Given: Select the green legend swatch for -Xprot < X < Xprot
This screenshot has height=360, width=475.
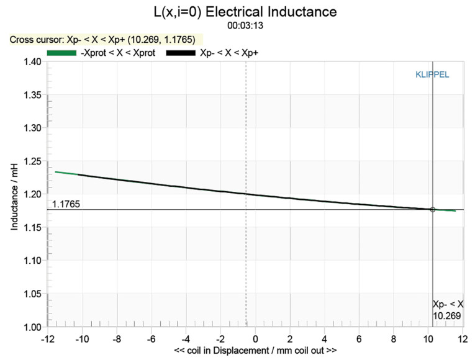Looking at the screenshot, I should pyautogui.click(x=61, y=53).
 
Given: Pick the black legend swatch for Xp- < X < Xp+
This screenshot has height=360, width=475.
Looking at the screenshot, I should pyautogui.click(x=181, y=53).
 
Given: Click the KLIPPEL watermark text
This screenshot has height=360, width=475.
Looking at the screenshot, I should pyautogui.click(x=432, y=74).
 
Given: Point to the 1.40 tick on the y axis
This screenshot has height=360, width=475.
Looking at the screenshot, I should pyautogui.click(x=32, y=62).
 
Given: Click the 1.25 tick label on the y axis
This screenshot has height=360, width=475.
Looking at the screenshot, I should pyautogui.click(x=32, y=161).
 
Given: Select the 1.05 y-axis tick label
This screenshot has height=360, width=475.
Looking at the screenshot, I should pyautogui.click(x=32, y=294).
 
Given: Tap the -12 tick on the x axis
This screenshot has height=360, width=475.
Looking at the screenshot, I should pyautogui.click(x=46, y=339).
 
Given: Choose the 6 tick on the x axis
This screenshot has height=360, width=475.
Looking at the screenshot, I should pyautogui.click(x=359, y=339).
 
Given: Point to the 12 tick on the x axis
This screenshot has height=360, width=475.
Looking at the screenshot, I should pyautogui.click(x=463, y=339).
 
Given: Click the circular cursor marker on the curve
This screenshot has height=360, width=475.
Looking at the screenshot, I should pyautogui.click(x=433, y=210).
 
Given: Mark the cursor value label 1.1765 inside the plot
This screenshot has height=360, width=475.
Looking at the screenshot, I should pyautogui.click(x=65, y=204).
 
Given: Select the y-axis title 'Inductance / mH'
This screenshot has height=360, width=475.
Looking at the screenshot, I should pyautogui.click(x=14, y=194).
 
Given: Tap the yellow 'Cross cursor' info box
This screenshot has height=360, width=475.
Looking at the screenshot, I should pyautogui.click(x=102, y=40).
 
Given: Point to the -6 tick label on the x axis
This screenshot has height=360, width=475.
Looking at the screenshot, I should pyautogui.click(x=150, y=339).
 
